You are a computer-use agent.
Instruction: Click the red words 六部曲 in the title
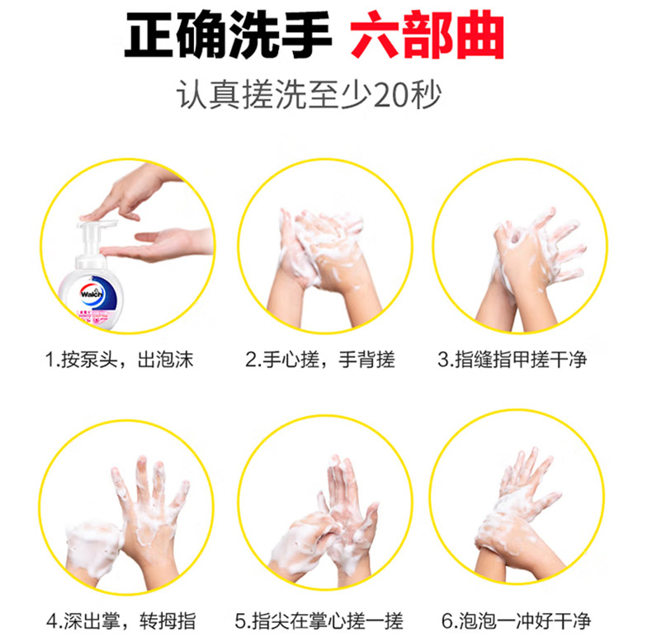pos(428,35)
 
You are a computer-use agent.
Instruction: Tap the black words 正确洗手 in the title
pos(229,35)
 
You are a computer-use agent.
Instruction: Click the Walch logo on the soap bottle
pos(92,294)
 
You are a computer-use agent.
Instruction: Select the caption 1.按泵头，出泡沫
pos(120,360)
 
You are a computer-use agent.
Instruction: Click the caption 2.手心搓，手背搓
pos(319,360)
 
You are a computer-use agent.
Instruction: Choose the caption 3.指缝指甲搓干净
pos(513,360)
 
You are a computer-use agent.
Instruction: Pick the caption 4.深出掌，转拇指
pos(121,621)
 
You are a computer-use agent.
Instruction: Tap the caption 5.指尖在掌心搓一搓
pos(319,621)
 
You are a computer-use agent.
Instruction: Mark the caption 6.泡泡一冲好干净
pos(516,621)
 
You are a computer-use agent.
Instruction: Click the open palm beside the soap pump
pos(157,245)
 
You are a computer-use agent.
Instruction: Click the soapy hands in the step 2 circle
pos(324,266)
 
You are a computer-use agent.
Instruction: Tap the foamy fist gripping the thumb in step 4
pos(95,545)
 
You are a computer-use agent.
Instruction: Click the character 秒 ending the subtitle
pos(426,95)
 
